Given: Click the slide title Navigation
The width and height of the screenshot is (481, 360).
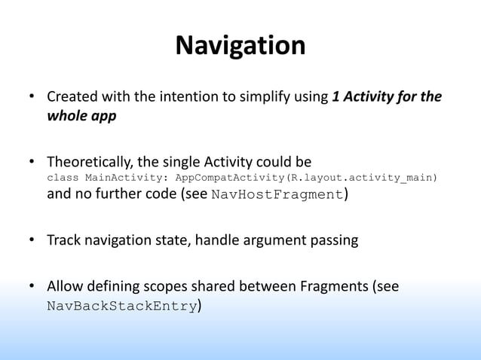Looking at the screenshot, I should point(240,47).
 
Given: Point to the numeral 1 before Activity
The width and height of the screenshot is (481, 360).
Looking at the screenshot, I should point(335,99).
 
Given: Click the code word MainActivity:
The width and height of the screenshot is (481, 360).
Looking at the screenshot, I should point(127,178).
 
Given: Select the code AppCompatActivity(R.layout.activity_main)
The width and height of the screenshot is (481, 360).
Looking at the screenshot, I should point(306,178).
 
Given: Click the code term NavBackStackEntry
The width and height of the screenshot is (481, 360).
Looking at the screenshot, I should point(121,307).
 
